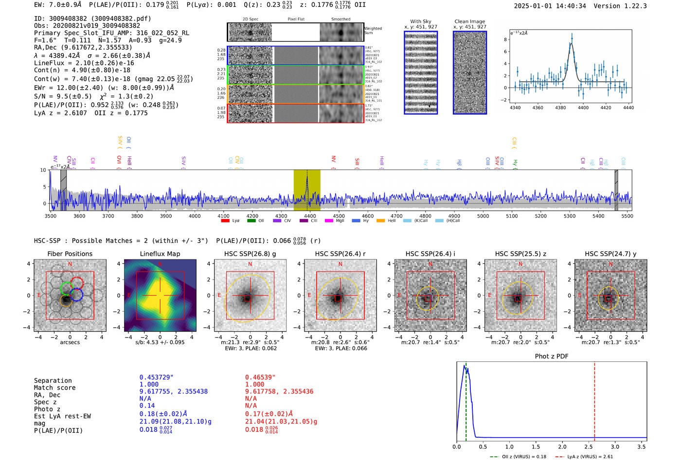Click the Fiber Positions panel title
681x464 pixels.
70,254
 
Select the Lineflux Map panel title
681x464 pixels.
160,254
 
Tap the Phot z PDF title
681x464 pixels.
551,356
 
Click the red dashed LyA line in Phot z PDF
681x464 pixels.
594,399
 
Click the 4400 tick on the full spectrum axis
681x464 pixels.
310,216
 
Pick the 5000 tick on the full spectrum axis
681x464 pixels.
483,216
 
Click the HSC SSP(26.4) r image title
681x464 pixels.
340,254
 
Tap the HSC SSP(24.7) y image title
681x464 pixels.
610,254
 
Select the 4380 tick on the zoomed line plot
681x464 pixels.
560,108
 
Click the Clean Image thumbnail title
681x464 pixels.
469,21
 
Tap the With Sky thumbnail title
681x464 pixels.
420,21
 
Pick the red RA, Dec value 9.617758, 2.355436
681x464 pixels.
279,391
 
